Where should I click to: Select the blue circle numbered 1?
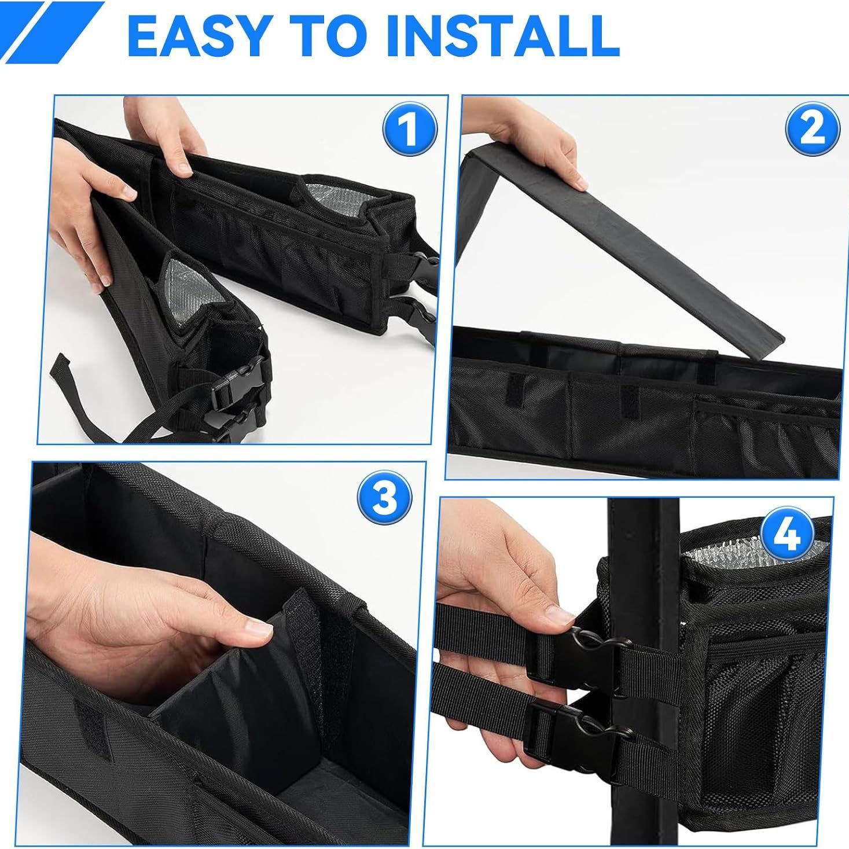[409, 129]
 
